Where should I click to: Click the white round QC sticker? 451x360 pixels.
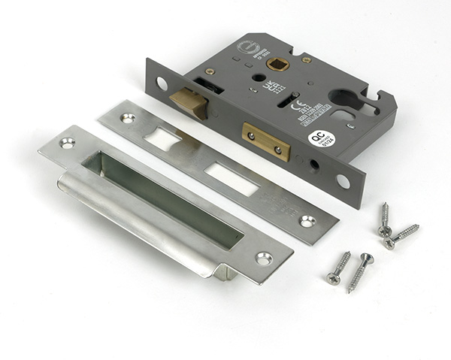pyautogui.click(x=318, y=138)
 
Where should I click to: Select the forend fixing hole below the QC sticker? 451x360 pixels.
pyautogui.click(x=343, y=181)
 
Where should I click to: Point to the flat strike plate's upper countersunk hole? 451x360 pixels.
pyautogui.click(x=129, y=118)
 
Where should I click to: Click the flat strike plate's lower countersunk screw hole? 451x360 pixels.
pyautogui.click(x=307, y=221)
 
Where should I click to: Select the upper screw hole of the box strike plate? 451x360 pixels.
pyautogui.click(x=67, y=143)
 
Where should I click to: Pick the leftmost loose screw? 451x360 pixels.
pyautogui.click(x=337, y=268)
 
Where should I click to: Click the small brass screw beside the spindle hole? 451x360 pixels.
pyautogui.click(x=306, y=59)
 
